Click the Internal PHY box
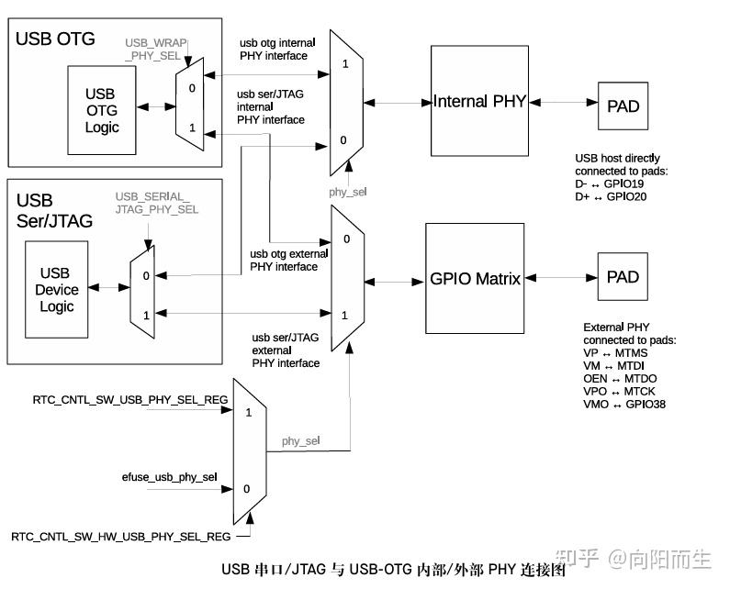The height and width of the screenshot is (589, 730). point(479,102)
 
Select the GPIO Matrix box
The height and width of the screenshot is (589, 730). point(476,278)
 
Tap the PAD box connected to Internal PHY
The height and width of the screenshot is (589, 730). point(623,106)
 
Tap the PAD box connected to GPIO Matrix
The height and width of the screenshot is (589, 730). point(623,276)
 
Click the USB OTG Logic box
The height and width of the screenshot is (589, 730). point(102,110)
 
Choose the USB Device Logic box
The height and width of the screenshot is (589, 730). point(57,290)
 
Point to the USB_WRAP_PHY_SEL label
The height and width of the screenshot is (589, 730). point(156,50)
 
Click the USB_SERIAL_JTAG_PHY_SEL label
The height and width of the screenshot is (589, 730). point(156,204)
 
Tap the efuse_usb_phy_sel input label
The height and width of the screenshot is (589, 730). point(169,477)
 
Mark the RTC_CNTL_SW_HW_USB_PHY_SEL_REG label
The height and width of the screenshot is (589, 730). point(120,536)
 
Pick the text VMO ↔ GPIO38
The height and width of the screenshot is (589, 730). point(625,405)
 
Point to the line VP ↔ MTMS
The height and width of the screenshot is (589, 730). point(616,353)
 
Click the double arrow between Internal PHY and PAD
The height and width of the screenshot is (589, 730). point(563,102)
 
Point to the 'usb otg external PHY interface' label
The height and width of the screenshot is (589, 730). point(284,261)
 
